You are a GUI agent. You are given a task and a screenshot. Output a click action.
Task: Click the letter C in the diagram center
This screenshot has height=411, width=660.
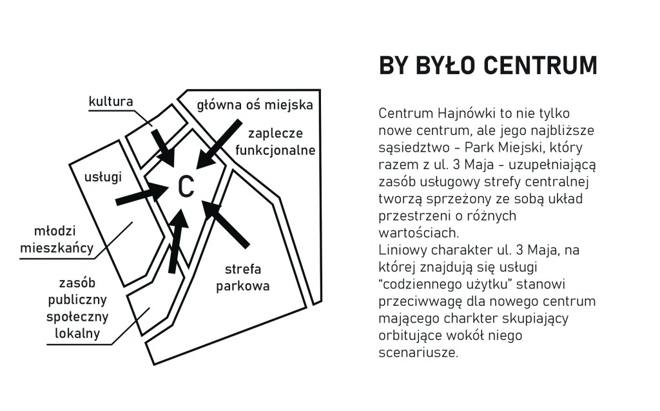186,187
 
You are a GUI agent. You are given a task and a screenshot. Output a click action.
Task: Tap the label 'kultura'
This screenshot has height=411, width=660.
111,101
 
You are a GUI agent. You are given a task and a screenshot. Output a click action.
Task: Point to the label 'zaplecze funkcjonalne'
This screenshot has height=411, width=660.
275,142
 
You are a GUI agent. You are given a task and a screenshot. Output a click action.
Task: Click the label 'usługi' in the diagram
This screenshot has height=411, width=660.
103,176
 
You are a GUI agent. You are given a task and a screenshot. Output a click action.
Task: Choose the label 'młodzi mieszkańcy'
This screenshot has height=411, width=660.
57,239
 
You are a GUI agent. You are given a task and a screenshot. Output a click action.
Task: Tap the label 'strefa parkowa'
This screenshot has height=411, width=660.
242,277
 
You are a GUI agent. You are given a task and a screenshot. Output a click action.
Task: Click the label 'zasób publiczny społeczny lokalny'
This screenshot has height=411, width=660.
77,308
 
